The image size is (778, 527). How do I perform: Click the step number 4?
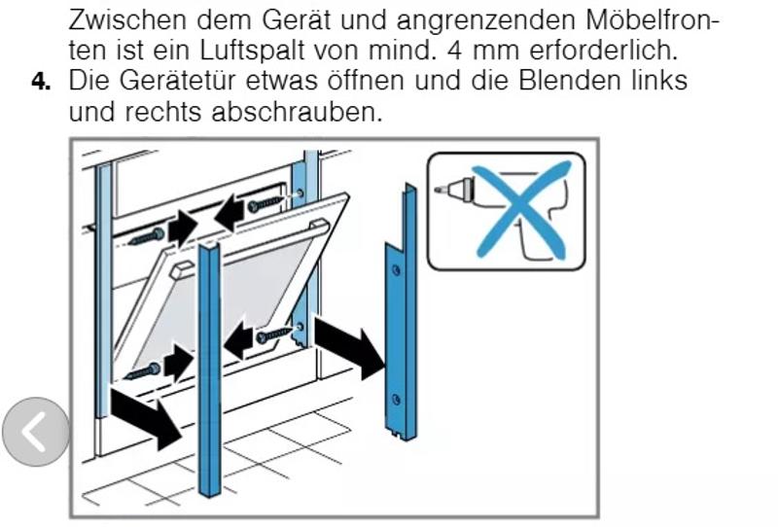(40, 82)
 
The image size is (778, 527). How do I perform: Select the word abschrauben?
(297, 112)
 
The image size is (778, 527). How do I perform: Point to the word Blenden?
(569, 81)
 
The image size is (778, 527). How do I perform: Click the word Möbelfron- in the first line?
(651, 19)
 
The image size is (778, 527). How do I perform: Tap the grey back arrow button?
(36, 432)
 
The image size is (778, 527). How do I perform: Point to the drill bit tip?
(437, 190)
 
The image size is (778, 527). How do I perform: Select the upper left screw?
(147, 236)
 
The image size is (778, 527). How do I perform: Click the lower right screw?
(274, 336)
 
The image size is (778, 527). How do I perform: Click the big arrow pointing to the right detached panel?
(349, 347)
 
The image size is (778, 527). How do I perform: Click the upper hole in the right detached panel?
(396, 270)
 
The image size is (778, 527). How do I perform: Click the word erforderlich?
(603, 51)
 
